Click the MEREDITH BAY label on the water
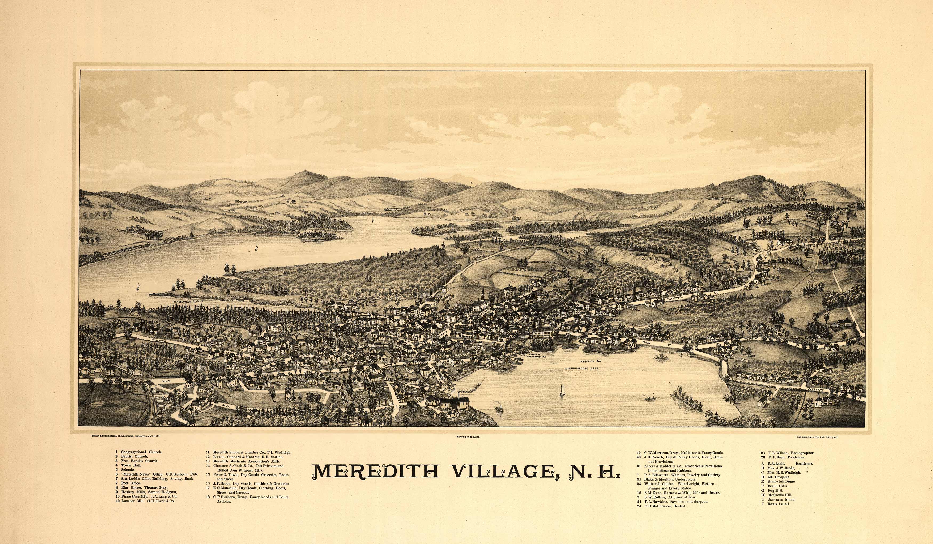click(590, 361)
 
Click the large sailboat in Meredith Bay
click(562, 391)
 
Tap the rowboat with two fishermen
click(649, 398)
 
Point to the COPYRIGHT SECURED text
click(468, 437)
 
